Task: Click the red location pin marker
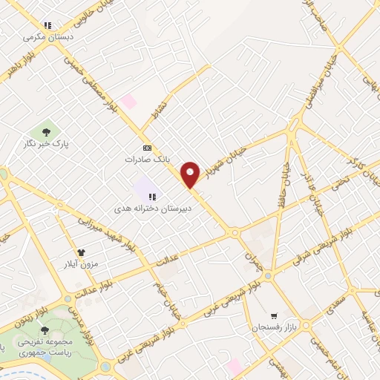click(191, 174)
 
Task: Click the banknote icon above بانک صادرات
click(146, 147)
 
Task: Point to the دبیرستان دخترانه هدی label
click(157, 209)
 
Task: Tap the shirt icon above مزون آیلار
click(81, 252)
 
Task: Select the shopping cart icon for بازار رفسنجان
click(274, 315)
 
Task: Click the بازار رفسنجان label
click(267, 327)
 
